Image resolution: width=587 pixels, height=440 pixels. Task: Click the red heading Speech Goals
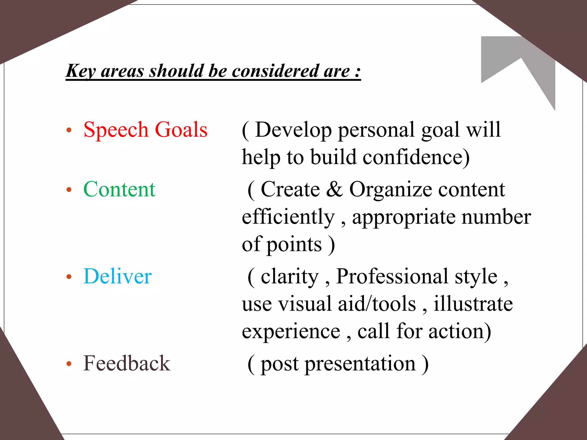(145, 130)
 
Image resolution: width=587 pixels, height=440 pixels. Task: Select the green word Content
(119, 189)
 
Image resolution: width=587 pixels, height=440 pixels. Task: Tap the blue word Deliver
(117, 276)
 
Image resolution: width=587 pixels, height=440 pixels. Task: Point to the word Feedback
(127, 364)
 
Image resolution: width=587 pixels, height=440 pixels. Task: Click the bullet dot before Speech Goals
(69, 130)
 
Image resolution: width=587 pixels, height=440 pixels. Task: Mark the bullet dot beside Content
(69, 190)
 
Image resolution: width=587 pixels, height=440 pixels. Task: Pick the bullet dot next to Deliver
(69, 277)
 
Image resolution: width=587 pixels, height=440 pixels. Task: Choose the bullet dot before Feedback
(69, 364)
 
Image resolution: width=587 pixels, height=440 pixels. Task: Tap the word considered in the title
(275, 71)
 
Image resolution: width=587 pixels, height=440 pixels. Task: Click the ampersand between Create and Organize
(334, 189)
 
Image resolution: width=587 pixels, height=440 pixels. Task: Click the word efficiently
(288, 217)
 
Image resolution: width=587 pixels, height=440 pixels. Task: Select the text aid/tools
(377, 304)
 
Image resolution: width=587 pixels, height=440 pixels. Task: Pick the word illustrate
(473, 304)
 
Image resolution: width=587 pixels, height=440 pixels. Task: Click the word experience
(291, 331)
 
